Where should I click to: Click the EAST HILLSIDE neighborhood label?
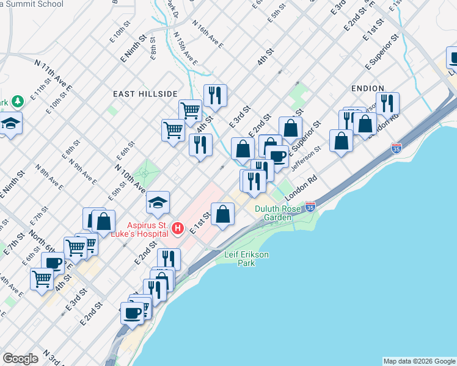(145, 94)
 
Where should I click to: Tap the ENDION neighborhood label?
(368, 88)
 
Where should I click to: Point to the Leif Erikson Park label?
(247, 259)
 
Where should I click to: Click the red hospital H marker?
(177, 229)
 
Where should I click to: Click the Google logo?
(20, 359)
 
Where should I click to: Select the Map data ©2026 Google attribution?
(419, 361)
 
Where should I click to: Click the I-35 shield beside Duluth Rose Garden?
(310, 207)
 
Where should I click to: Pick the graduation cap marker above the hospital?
(158, 202)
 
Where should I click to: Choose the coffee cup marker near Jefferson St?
(277, 156)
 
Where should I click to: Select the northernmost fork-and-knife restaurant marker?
(215, 95)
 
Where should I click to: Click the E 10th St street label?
(121, 29)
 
